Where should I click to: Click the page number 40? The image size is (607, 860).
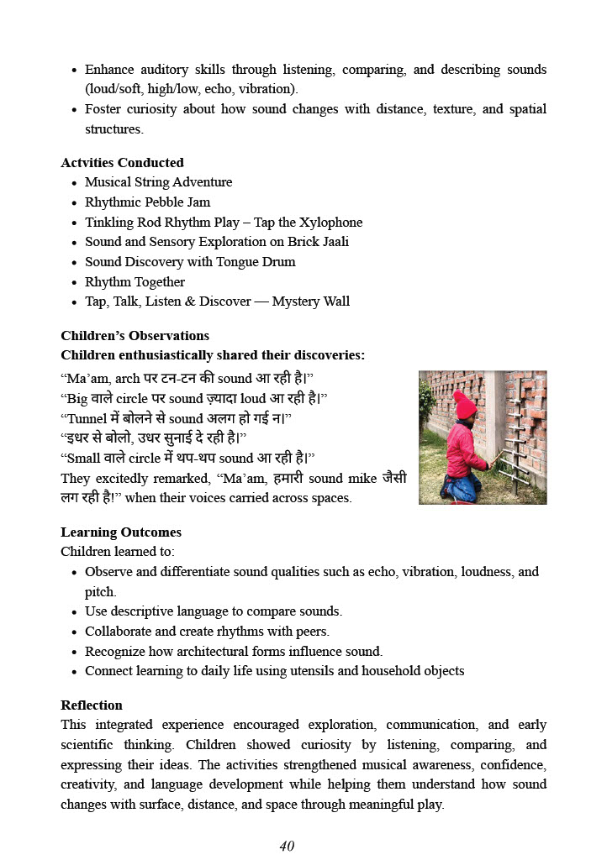coord(287,846)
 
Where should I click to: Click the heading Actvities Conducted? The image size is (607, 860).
coord(122,163)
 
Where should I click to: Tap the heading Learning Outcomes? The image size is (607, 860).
coord(121,532)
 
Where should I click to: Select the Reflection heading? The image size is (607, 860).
coord(92,705)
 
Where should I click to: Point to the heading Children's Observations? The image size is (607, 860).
coord(135,336)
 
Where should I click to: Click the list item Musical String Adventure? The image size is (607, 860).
coord(158,182)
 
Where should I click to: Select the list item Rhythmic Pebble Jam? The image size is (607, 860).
coord(147,202)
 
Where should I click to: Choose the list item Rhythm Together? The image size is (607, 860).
coord(135,282)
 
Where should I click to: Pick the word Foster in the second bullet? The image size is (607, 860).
coord(103,109)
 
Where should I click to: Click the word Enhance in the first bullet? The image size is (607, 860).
coord(109,70)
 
